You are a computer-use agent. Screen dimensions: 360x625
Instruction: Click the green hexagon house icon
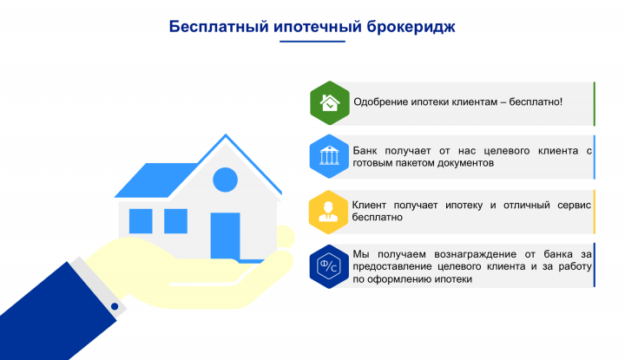329,103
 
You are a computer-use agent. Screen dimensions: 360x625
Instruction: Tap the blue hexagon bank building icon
329,156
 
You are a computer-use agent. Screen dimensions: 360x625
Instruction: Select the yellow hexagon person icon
329,211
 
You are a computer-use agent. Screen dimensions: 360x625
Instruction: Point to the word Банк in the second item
365,151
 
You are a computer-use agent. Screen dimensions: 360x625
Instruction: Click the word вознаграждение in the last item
469,254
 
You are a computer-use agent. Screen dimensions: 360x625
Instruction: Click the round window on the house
225,180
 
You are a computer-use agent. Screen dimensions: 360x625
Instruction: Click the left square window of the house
141,220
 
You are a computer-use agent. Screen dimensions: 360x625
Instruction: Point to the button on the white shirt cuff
114,305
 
